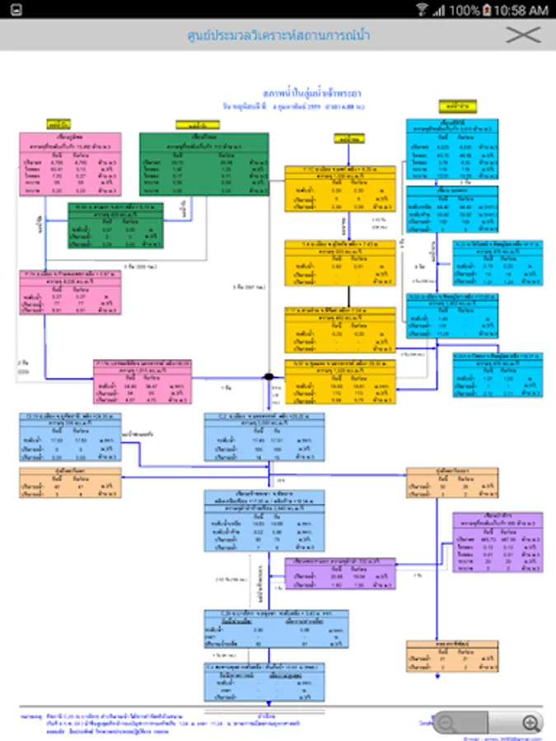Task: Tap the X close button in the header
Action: [523, 35]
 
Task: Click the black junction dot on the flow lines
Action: [269, 376]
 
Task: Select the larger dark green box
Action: [204, 164]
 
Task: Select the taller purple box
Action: [497, 542]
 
